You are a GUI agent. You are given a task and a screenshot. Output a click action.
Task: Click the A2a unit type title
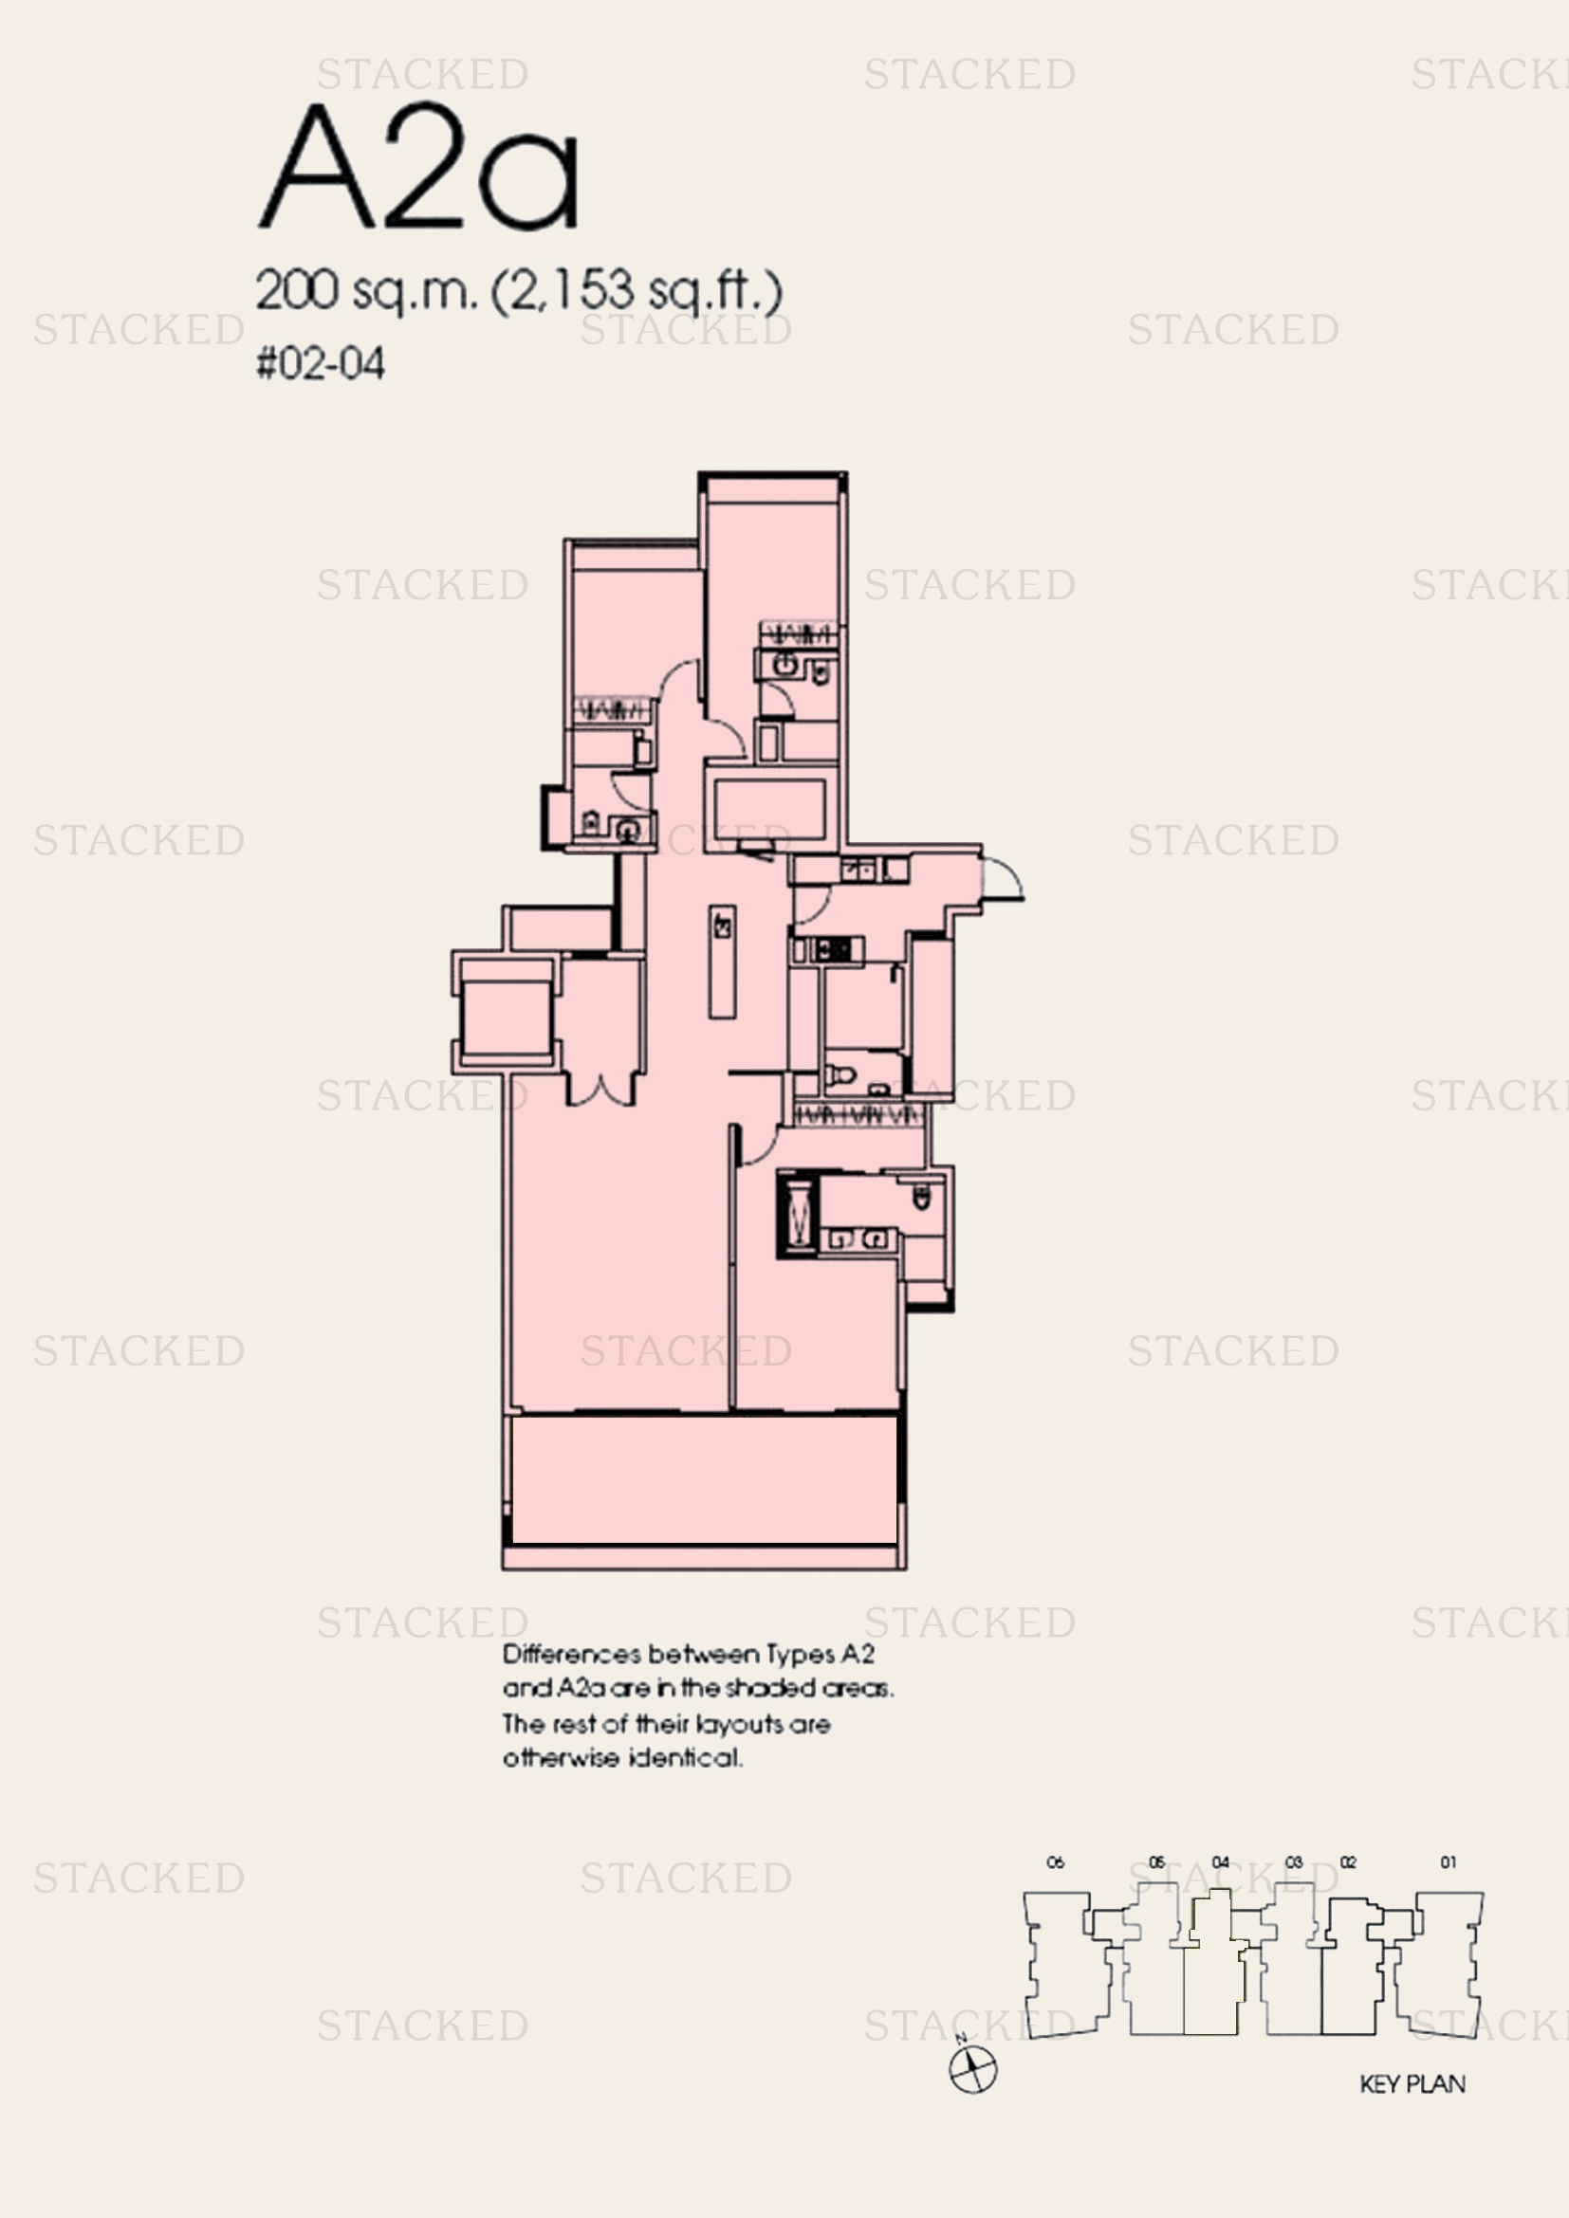[418, 166]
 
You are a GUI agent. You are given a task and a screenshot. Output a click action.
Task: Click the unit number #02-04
[320, 364]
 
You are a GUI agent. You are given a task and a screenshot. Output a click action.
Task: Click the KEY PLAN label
[1412, 2083]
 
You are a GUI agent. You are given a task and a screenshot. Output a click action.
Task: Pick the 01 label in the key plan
[1448, 1862]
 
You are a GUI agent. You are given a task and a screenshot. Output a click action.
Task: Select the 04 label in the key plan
[1220, 1862]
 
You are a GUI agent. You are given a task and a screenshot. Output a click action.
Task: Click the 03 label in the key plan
[1294, 1862]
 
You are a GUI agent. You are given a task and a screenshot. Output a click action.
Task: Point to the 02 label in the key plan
[1348, 1862]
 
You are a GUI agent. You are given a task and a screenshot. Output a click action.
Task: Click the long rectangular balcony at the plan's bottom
[703, 1480]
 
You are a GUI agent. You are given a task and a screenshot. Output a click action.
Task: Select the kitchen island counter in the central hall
[722, 962]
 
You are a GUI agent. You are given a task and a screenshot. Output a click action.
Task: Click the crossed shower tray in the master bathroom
[797, 1214]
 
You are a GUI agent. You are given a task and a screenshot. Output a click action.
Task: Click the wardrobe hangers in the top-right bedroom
[797, 634]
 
